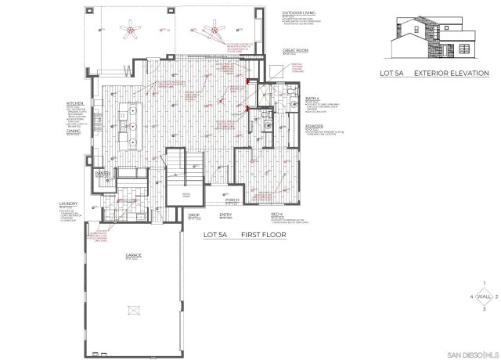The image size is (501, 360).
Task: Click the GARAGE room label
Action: pos(132,256)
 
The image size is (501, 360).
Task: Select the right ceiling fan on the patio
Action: pos(213,32)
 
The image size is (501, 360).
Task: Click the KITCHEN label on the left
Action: pos(74,103)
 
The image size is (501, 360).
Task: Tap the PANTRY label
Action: pos(102,173)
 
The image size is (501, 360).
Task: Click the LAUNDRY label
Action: pos(68,203)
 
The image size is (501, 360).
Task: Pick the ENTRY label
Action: pos(225,214)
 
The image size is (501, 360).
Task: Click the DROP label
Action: pos(195,214)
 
